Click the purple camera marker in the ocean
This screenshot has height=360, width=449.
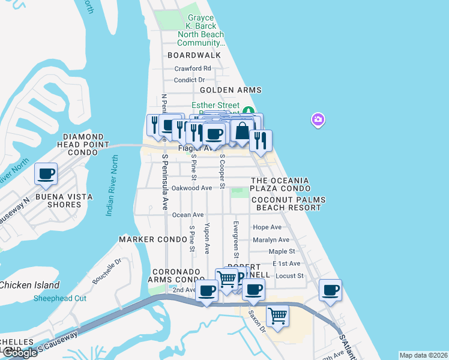coord(318,120)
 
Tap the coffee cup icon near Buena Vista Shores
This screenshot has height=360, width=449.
coord(46,174)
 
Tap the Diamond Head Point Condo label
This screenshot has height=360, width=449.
coord(83,145)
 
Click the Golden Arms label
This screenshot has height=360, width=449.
coord(231,90)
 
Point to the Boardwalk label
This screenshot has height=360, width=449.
coord(194,55)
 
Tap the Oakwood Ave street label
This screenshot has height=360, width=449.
coord(192,188)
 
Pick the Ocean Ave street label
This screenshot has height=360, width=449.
coord(188,215)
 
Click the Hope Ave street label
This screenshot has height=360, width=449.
coord(267,227)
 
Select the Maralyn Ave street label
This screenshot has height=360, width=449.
coord(271,240)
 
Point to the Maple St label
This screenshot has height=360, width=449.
coord(282,251)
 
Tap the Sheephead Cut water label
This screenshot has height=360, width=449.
coord(60,298)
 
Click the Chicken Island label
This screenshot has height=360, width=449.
coord(30,285)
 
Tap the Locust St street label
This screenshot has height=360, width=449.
coord(289,276)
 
